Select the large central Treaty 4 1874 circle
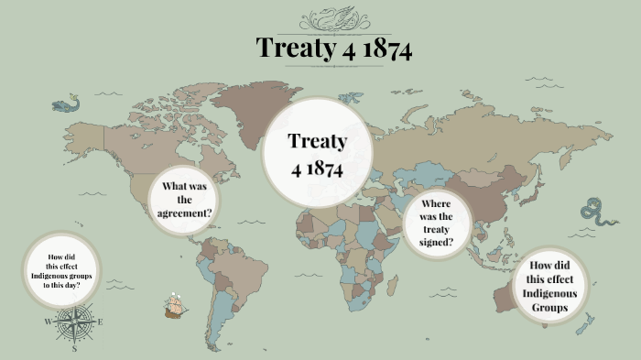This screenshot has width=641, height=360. (x=318, y=155)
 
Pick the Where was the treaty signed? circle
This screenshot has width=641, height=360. (x=436, y=224)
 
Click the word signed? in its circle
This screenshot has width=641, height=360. (x=436, y=244)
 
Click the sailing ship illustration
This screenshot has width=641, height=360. (x=175, y=305)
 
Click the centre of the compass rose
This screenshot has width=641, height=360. (x=73, y=322)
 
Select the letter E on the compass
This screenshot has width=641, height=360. (x=100, y=322)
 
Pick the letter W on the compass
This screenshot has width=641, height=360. (x=47, y=322)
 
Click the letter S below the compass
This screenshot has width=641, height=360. (x=74, y=349)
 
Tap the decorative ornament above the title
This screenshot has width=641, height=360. (x=334, y=18)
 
